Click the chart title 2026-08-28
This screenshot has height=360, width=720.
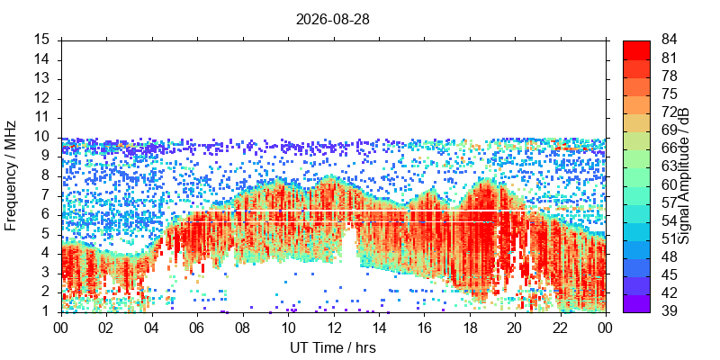(332, 20)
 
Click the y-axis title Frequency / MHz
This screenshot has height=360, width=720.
(11, 175)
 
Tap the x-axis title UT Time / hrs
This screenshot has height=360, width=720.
(333, 347)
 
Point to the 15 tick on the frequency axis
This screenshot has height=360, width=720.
(48, 40)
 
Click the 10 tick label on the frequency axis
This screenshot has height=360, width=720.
(48, 138)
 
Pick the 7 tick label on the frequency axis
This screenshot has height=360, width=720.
(50, 196)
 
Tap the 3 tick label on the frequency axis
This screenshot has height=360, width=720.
(50, 274)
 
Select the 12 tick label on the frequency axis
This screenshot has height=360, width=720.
(48, 99)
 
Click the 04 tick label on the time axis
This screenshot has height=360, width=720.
(151, 328)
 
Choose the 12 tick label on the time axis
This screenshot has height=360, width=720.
(333, 328)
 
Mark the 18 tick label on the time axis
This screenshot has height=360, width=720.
(469, 328)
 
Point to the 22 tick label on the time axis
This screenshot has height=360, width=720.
(560, 328)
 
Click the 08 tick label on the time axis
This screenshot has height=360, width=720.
(242, 328)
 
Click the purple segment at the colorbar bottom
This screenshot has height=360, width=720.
(636, 303)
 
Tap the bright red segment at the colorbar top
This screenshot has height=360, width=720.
(636, 50)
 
